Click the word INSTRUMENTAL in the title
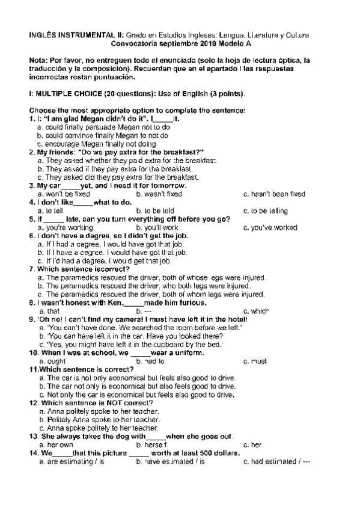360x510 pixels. click(84, 36)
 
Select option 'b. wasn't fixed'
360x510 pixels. click(159, 194)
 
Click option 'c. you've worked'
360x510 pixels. click(270, 228)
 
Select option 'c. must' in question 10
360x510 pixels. click(255, 362)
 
